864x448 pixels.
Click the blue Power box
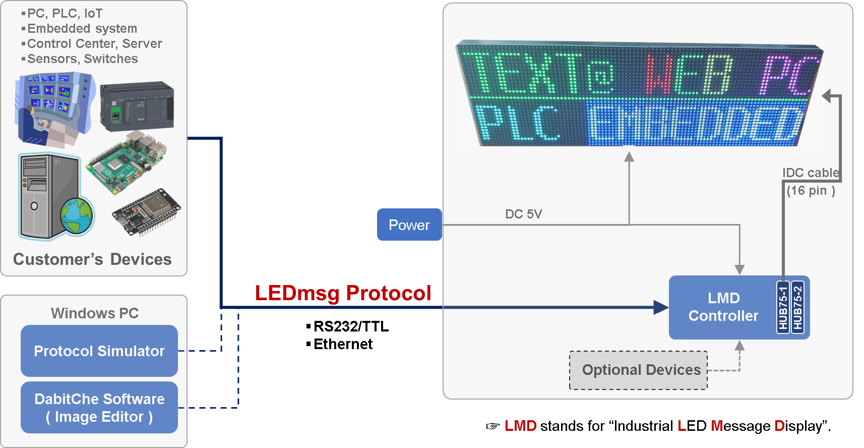pos(409,225)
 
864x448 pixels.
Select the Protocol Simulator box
pos(99,351)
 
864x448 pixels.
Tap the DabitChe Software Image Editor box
pos(99,408)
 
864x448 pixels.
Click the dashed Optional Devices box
pos(639,370)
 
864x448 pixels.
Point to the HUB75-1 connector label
pos(783,307)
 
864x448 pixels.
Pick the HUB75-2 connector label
pos(797,307)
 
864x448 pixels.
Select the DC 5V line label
pos(523,214)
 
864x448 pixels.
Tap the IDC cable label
pos(811,173)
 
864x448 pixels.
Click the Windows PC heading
pos(95,313)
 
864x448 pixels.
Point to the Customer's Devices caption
pos(92,259)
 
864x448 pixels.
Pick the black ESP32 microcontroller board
pos(146,212)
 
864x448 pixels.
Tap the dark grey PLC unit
pos(137,106)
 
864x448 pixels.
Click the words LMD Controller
pos(723,307)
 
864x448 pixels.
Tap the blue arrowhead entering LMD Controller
pos(661,307)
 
